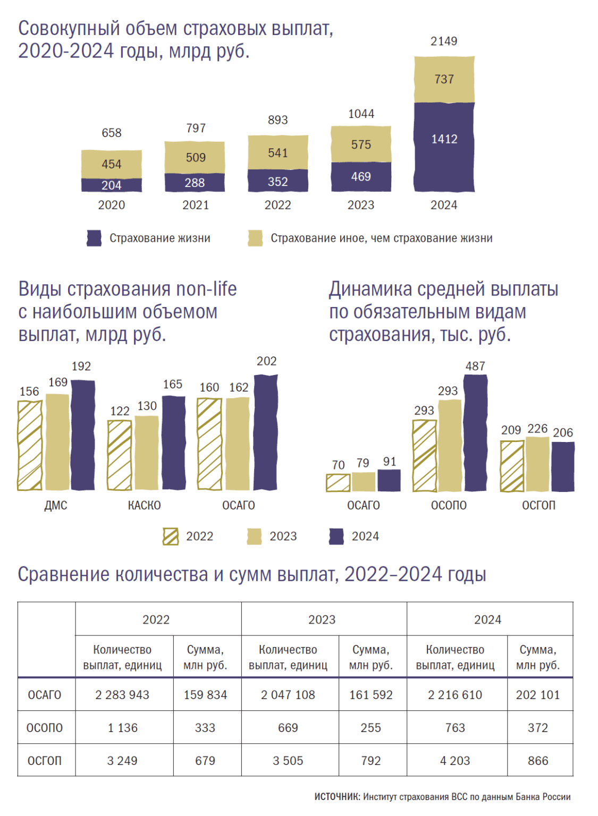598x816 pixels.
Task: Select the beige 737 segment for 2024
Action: [444, 80]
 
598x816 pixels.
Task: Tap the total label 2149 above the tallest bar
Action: [444, 41]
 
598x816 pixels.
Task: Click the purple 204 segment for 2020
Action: [112, 185]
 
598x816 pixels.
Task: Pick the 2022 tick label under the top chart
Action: [277, 205]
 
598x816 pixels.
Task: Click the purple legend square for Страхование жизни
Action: [94, 238]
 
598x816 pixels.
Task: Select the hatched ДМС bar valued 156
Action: [30, 445]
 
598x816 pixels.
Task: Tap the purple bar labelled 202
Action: [266, 432]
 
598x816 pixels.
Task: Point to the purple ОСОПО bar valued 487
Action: [475, 433]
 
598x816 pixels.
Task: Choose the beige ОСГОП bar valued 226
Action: [537, 464]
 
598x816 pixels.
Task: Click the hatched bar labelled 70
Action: [338, 482]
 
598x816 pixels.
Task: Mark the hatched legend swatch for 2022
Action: [171, 537]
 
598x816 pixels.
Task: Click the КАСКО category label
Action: [144, 505]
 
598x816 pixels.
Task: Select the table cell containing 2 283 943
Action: [122, 695]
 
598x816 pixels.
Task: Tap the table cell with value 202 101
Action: [538, 695]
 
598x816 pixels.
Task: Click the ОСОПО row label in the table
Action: [45, 728]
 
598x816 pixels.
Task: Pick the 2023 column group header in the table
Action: [322, 619]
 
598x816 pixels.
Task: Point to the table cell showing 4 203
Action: [455, 761]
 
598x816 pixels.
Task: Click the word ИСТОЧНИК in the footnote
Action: [337, 797]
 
